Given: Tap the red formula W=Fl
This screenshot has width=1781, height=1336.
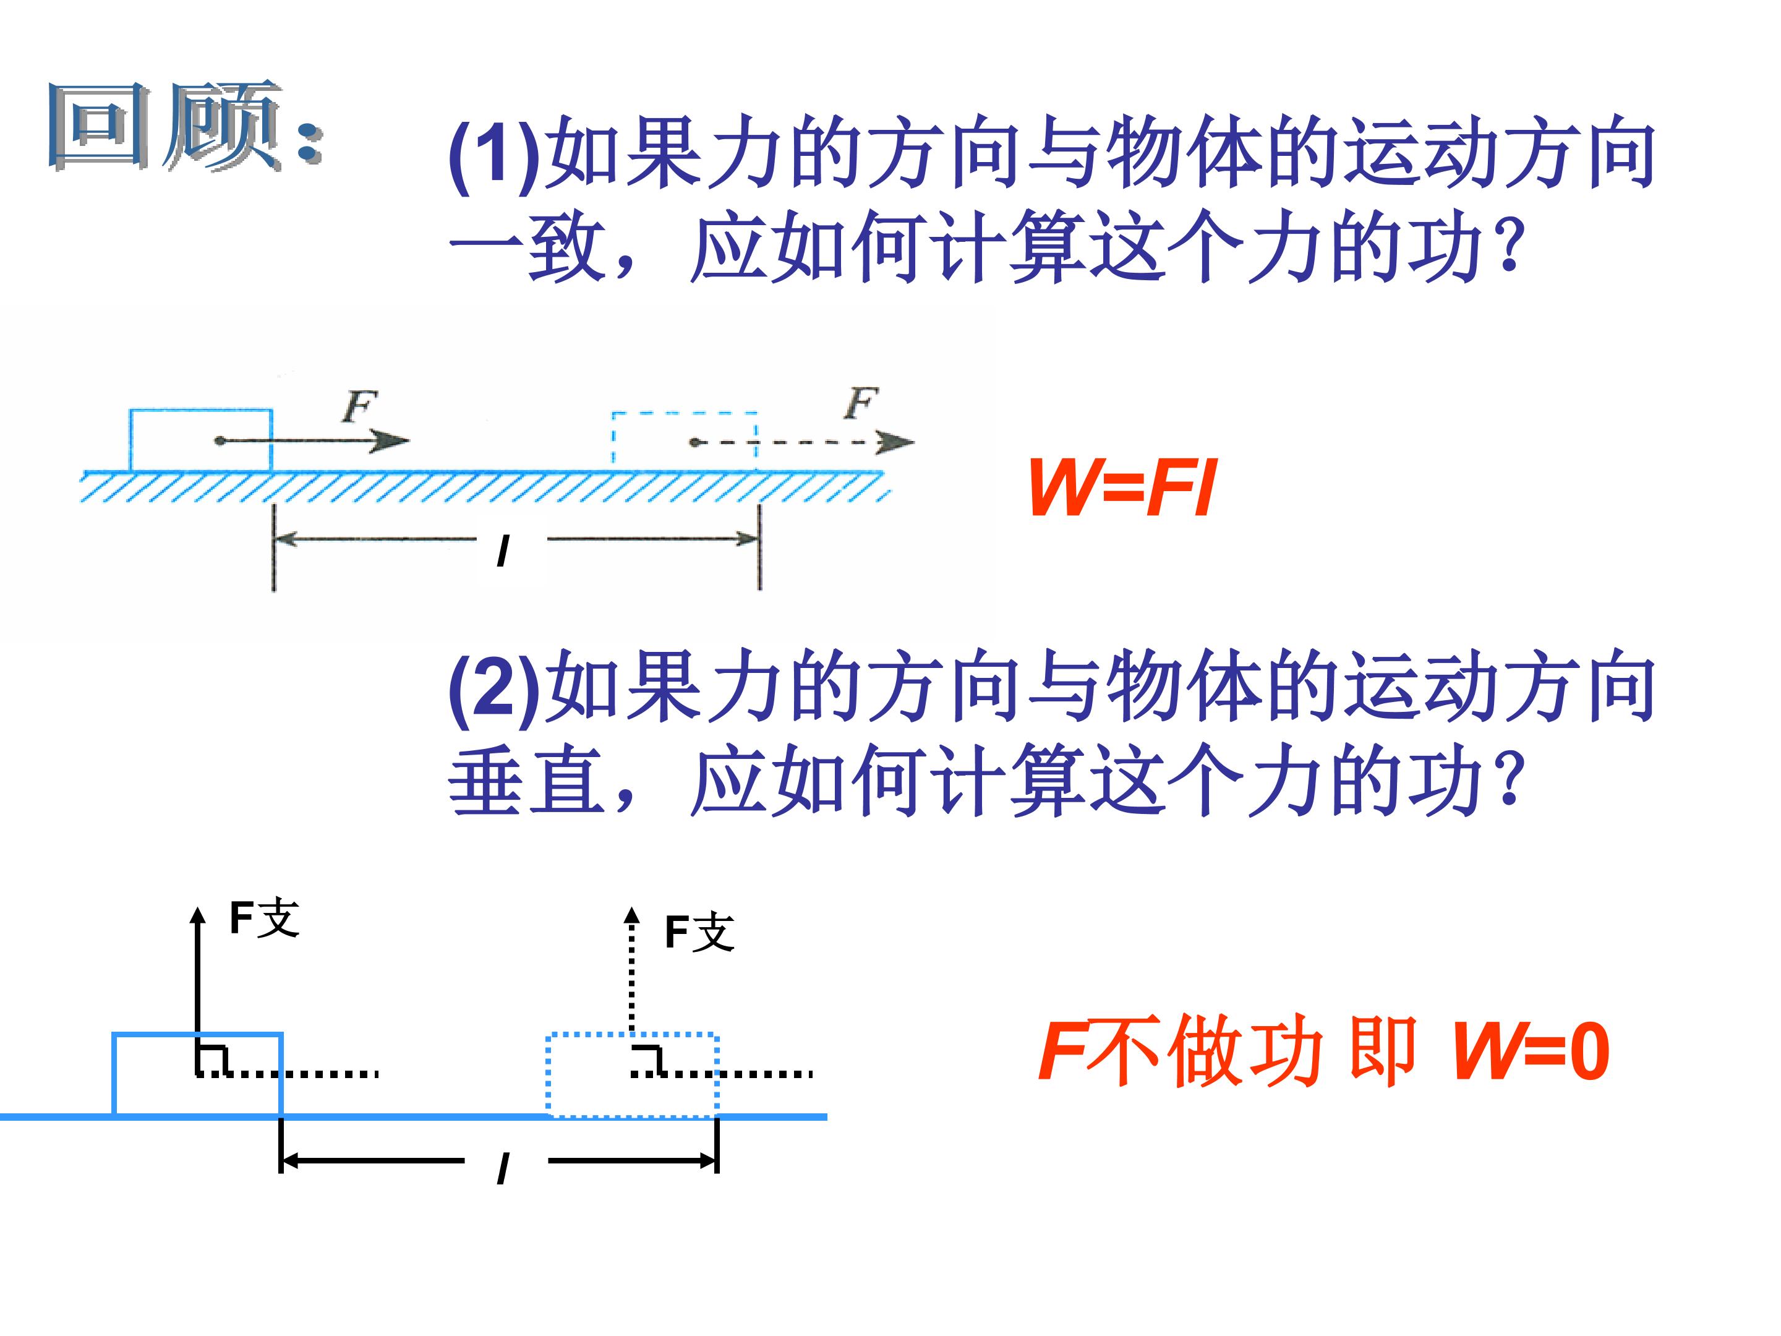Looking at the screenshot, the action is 1122,488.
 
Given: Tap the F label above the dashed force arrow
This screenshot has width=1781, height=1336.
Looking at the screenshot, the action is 861,403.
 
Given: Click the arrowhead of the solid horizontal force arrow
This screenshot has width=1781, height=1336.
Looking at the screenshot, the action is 394,440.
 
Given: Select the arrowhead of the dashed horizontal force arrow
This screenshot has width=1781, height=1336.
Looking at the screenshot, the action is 896,442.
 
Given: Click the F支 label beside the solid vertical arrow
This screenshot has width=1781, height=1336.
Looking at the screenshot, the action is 265,918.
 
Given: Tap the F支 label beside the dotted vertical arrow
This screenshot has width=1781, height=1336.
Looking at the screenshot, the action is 699,933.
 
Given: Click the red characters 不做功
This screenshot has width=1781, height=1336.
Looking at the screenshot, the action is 1203,1051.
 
